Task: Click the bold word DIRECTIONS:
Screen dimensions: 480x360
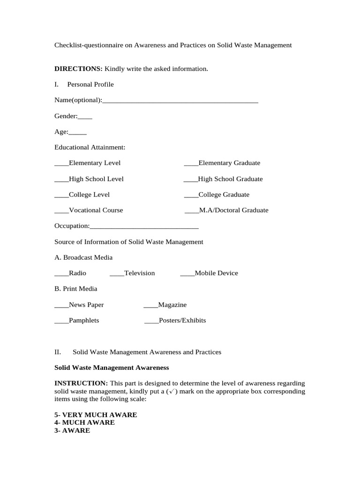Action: click(x=78, y=69)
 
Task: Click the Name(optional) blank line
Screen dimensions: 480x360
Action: click(x=180, y=101)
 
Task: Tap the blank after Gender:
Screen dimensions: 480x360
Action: click(x=85, y=117)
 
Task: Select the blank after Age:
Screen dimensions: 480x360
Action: click(x=78, y=133)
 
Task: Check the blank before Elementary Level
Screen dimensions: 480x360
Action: click(x=61, y=164)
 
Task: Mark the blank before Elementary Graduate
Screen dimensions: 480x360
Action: click(x=191, y=164)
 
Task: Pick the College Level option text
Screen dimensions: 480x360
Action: click(x=89, y=195)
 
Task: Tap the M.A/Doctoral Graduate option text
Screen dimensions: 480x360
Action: click(x=234, y=210)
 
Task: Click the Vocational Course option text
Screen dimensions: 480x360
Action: click(x=96, y=210)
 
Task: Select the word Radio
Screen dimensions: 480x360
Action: click(x=77, y=273)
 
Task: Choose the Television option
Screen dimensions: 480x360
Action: click(x=139, y=273)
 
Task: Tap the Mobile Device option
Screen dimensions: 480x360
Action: click(x=216, y=273)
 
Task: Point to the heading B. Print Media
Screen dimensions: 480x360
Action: click(x=76, y=289)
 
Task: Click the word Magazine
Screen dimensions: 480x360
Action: click(x=172, y=305)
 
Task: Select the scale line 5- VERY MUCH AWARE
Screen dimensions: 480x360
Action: click(x=96, y=415)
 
